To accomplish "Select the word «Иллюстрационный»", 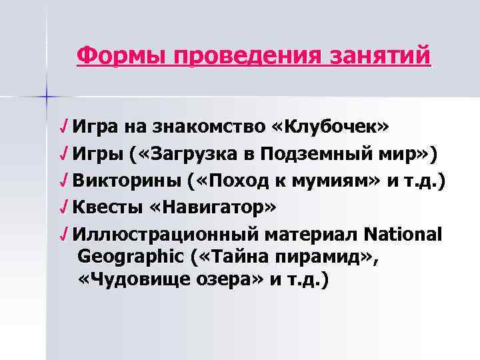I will (x=167, y=235).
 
